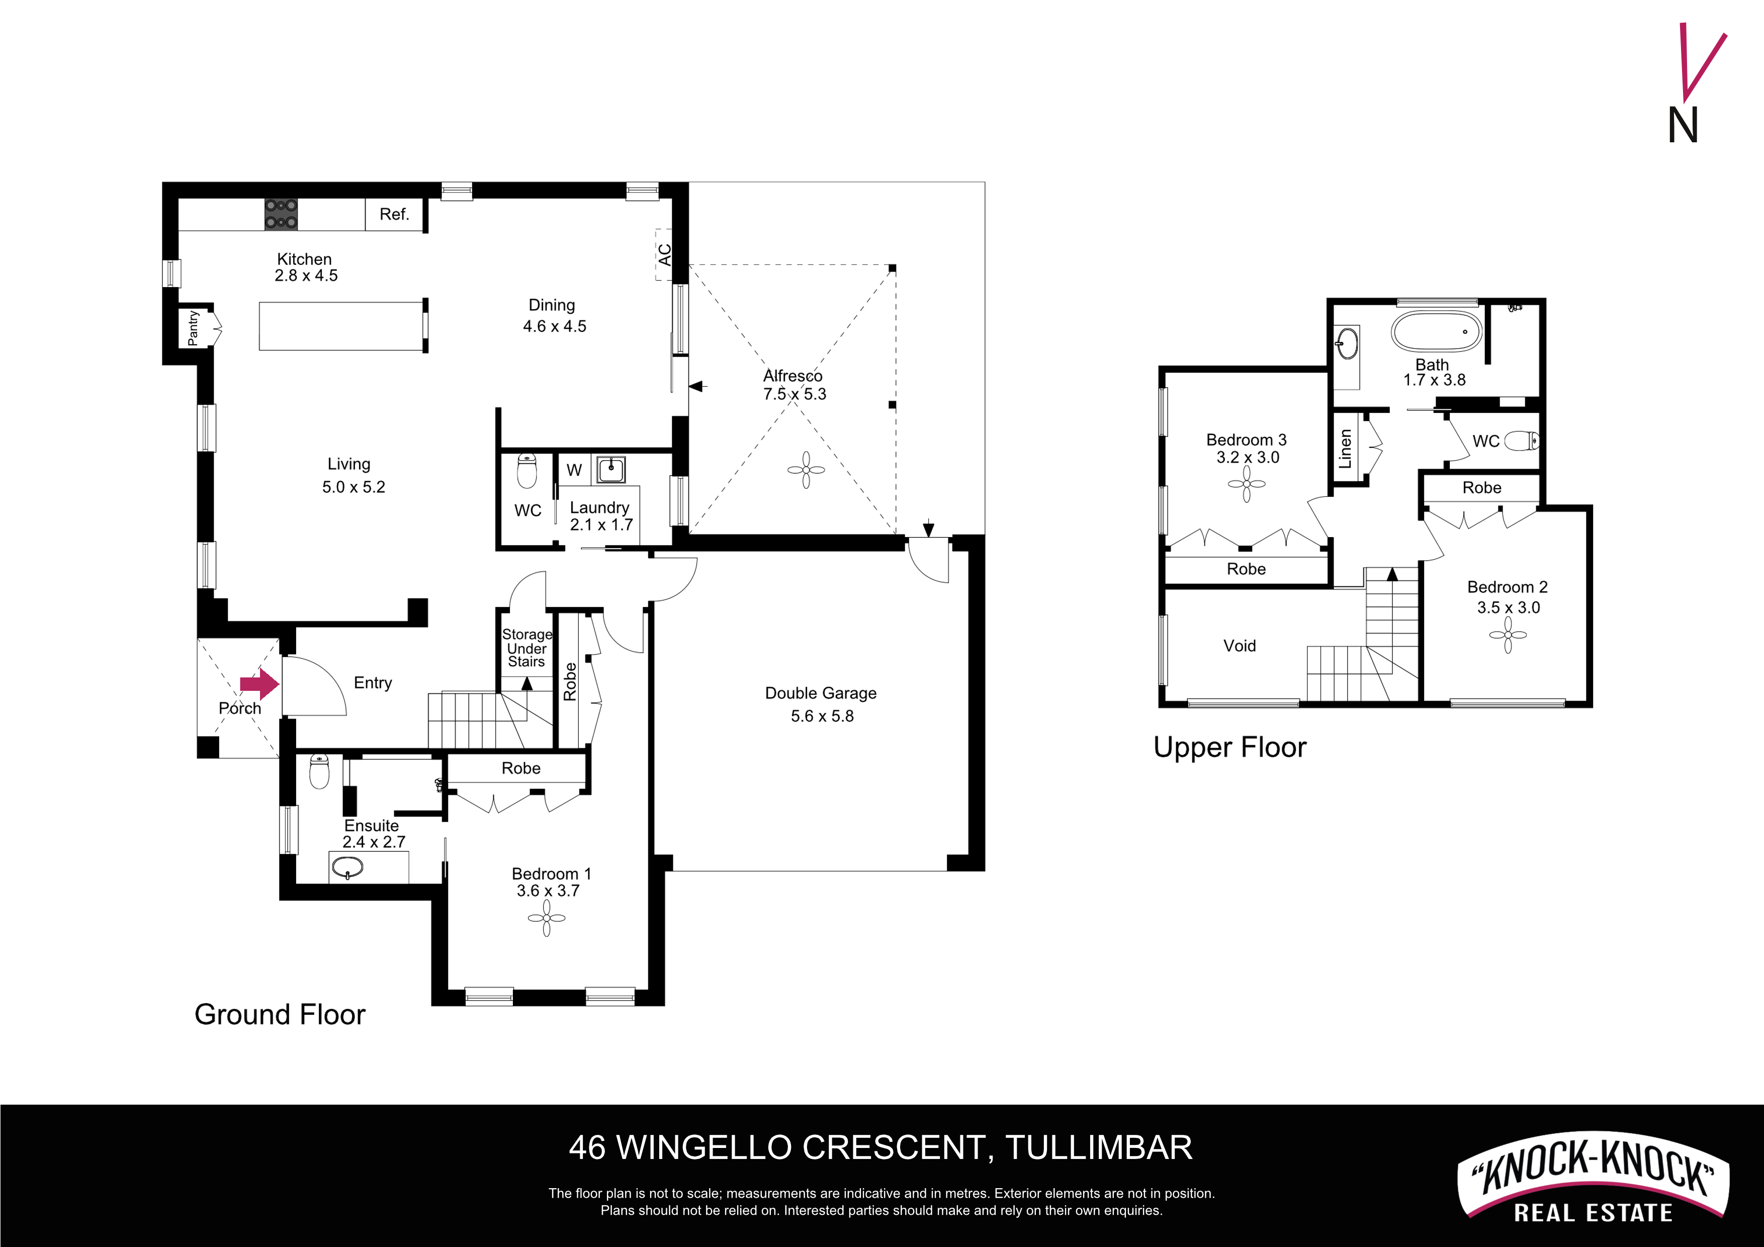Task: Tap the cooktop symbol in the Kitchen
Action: tap(281, 214)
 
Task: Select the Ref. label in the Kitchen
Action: tap(394, 214)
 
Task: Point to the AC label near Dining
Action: tap(665, 254)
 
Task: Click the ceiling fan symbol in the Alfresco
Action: tap(806, 470)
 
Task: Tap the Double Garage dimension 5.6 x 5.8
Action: tap(822, 716)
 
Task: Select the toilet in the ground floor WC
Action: tap(527, 470)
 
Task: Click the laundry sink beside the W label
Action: tap(611, 469)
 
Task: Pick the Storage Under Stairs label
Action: tap(527, 648)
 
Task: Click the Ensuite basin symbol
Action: tap(348, 868)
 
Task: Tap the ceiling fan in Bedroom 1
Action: tap(547, 918)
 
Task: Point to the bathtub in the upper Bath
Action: tap(1435, 331)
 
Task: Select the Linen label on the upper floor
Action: tap(1345, 449)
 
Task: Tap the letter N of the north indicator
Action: tap(1684, 125)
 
